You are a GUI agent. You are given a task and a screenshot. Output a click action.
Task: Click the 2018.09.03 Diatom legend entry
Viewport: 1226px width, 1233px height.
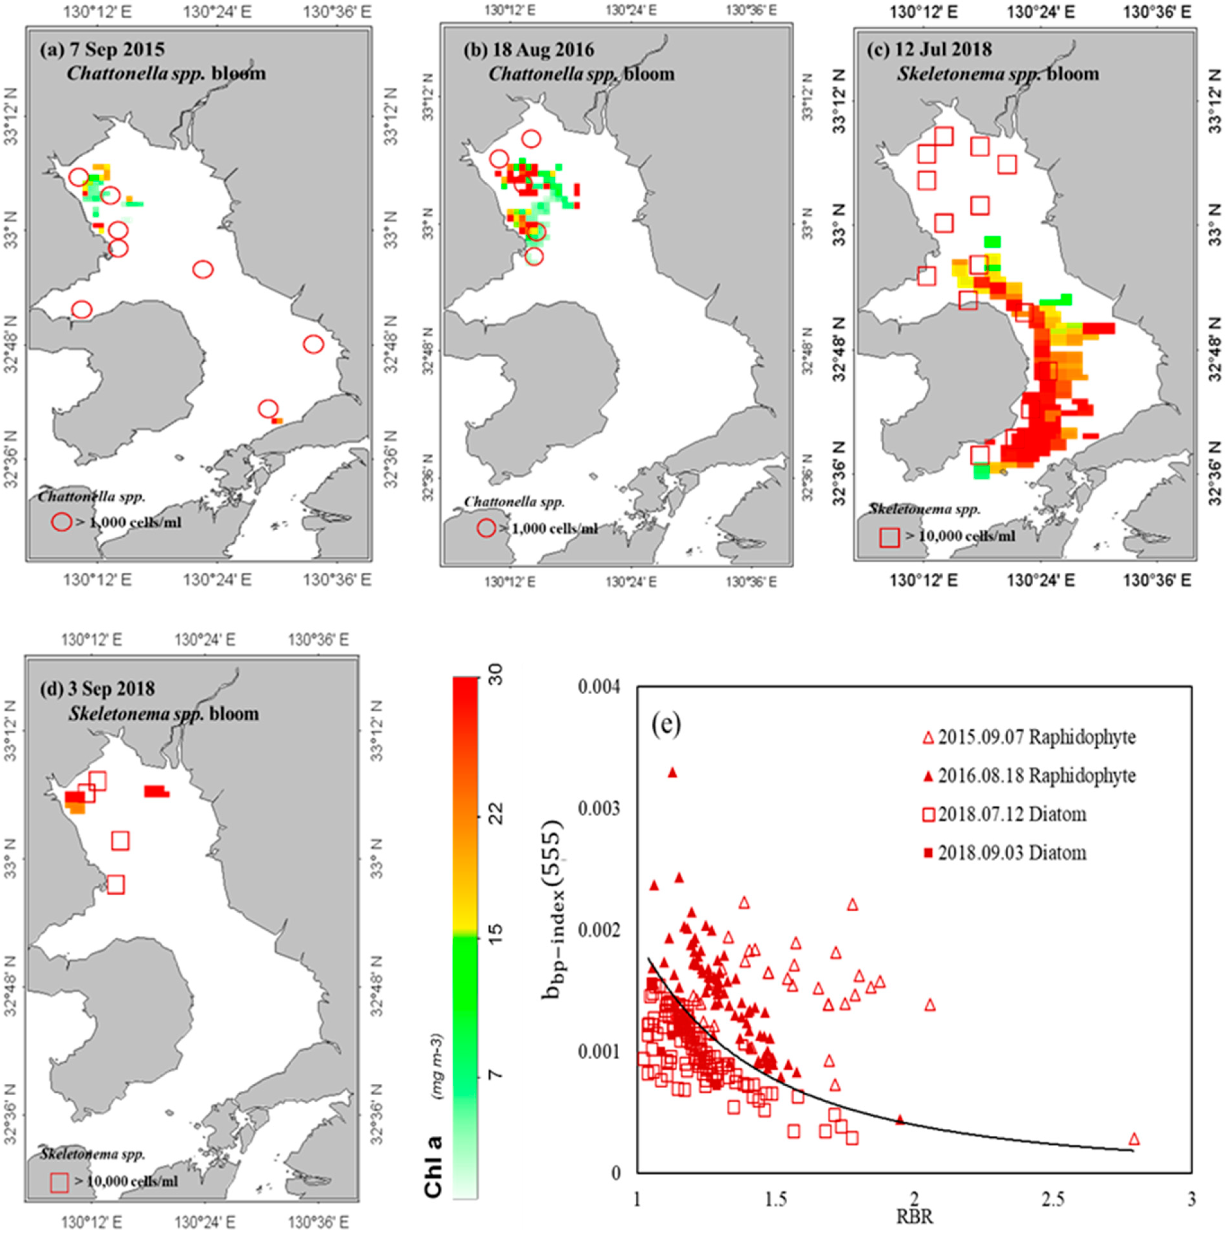[x=1006, y=853]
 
